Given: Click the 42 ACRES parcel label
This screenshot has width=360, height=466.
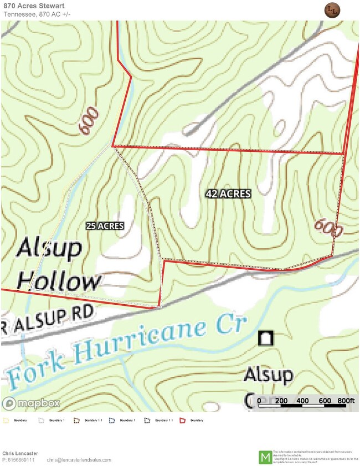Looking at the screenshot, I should [x=228, y=194].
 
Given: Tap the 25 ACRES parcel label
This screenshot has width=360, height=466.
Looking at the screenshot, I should [x=105, y=226].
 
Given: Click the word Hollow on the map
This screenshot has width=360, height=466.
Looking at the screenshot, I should [x=60, y=282].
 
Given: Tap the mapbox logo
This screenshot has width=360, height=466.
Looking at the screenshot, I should [x=31, y=403].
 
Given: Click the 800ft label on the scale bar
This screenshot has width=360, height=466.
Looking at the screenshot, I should [x=346, y=401].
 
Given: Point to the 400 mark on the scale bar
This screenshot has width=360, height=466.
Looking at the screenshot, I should [x=303, y=401].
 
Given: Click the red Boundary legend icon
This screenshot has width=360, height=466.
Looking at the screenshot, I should [x=182, y=421].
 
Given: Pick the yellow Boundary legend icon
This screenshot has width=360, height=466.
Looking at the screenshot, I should [x=6, y=421].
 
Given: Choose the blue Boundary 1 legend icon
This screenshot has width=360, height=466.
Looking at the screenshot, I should [x=112, y=421].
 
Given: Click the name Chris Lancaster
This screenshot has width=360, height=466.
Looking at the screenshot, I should [x=20, y=453].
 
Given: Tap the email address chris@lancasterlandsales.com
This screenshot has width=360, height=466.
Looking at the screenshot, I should [x=79, y=460].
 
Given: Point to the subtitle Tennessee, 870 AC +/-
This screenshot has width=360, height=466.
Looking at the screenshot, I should [x=37, y=14].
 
